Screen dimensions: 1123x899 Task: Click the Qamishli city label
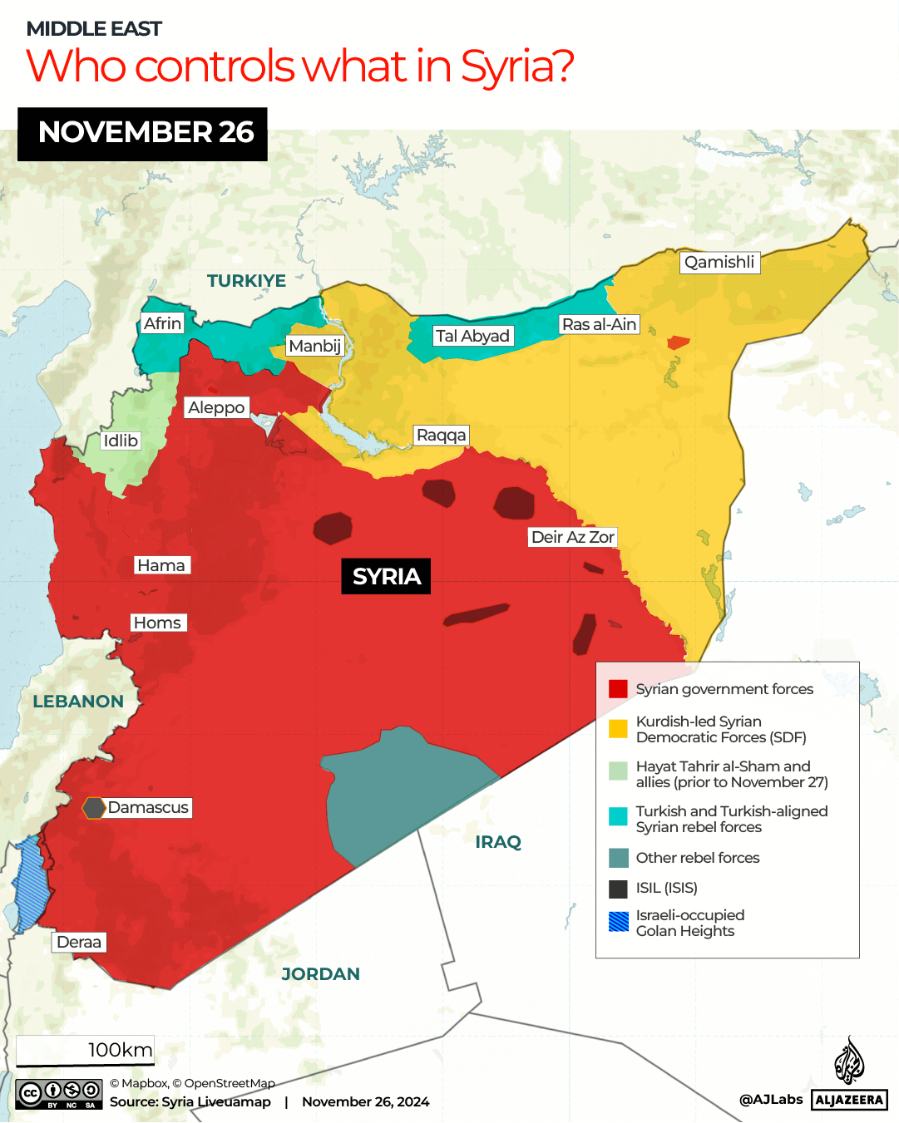click(x=719, y=263)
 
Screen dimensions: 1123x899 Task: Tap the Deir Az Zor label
click(x=572, y=537)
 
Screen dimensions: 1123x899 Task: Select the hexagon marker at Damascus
click(x=94, y=807)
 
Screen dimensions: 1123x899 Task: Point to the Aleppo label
click(x=216, y=407)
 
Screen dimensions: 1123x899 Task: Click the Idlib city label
click(x=121, y=441)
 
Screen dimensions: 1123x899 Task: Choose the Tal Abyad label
click(x=472, y=336)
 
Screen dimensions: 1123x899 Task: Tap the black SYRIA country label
click(x=386, y=576)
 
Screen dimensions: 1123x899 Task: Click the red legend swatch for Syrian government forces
click(x=618, y=688)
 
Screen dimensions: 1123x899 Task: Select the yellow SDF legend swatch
click(x=618, y=729)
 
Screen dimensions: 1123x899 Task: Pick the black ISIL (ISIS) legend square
click(x=618, y=889)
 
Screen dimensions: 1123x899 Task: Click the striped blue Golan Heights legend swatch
click(x=618, y=922)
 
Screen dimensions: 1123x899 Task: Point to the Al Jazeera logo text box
click(x=848, y=1100)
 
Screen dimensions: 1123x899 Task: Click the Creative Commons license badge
click(x=58, y=1093)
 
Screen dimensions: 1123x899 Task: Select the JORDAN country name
click(x=320, y=974)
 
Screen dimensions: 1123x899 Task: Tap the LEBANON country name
click(x=78, y=702)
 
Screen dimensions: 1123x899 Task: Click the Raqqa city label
click(x=441, y=436)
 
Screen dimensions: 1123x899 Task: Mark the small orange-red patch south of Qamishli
click(x=678, y=342)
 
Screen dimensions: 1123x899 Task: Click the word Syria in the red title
click(x=516, y=66)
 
